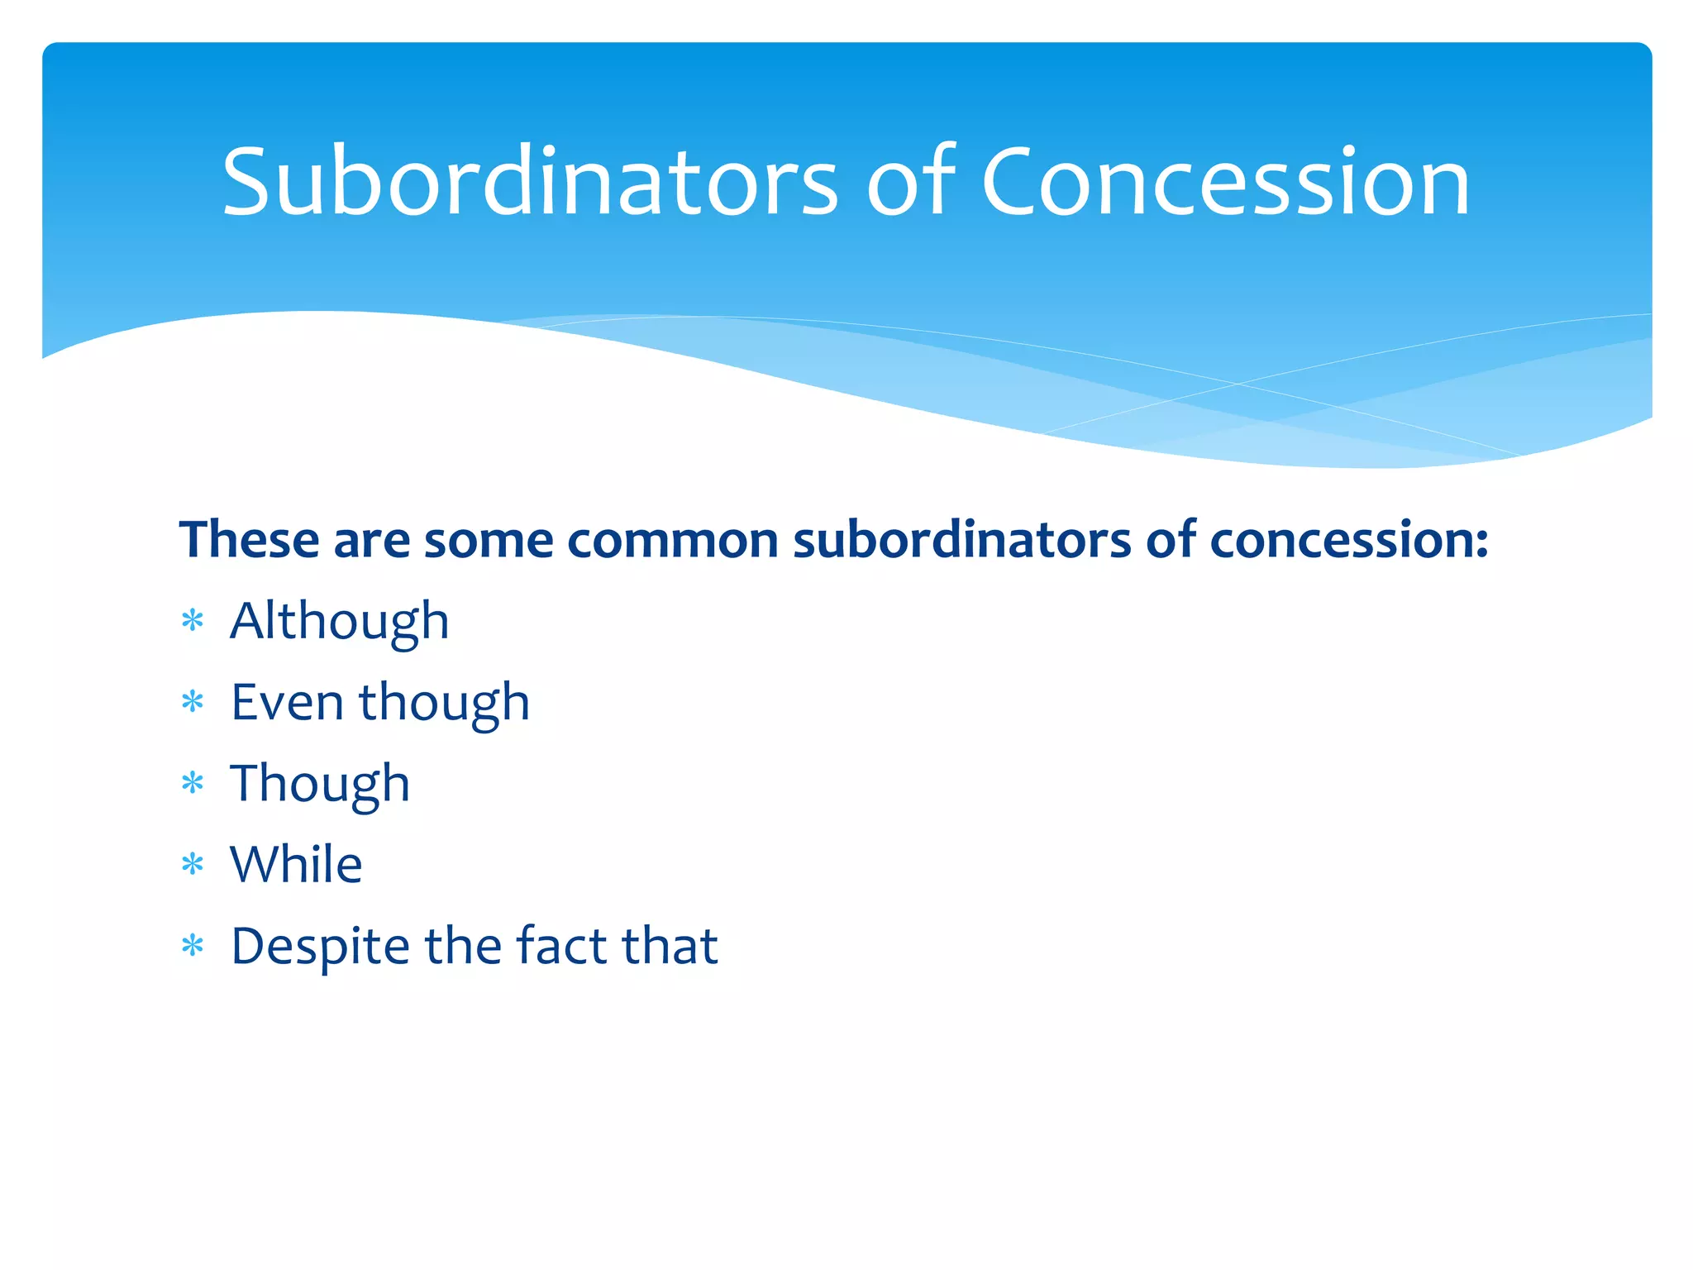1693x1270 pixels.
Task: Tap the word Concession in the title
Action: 1225,182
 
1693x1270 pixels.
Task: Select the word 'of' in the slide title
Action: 909,182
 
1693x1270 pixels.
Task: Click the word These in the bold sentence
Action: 249,540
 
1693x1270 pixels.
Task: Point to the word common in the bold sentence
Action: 673,540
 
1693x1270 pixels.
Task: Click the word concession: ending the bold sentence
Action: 1349,540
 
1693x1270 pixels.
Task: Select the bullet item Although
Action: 339,621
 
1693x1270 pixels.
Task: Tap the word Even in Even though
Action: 287,702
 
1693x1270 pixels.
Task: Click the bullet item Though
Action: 319,783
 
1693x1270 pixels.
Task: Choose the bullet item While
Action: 296,865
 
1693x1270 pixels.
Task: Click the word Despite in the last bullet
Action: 320,946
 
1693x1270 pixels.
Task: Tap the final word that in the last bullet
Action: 670,946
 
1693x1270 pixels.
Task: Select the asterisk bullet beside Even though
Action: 193,702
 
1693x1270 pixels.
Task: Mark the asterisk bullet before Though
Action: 193,783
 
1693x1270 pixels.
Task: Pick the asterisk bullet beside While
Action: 193,865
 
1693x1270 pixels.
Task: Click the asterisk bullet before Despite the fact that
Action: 193,946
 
